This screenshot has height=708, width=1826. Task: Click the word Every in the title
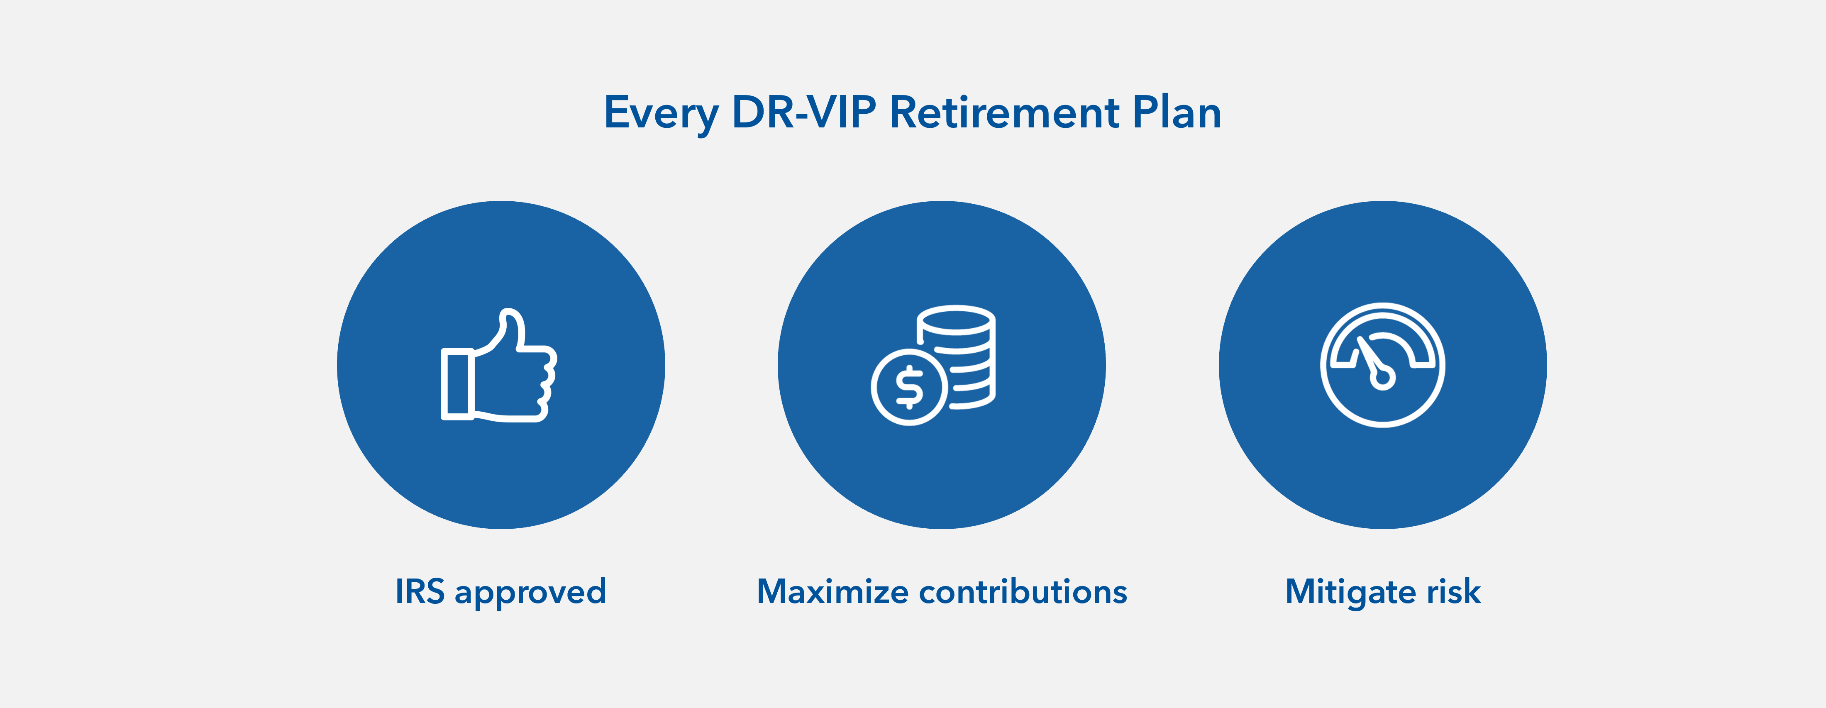point(661,113)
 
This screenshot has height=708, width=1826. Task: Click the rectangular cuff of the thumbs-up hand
point(457,383)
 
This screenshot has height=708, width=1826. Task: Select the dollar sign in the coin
point(909,387)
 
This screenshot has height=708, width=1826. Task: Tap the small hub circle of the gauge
point(1383,378)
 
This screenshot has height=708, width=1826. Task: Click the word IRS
point(420,591)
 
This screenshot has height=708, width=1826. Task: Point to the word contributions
point(1023,591)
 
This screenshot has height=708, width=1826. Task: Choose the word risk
point(1453,591)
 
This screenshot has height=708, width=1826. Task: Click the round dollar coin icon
point(909,387)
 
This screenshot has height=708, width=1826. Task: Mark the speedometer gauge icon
point(1382,365)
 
